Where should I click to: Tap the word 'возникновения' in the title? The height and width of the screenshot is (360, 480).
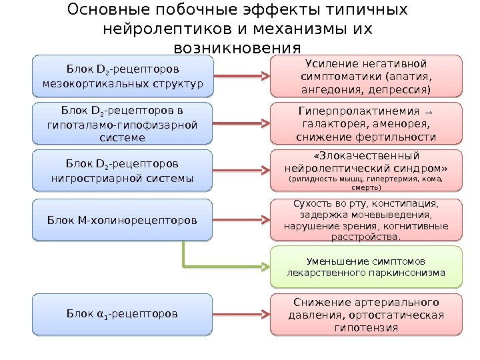point(237,49)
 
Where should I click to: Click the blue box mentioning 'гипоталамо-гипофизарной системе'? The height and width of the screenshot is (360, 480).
point(123,123)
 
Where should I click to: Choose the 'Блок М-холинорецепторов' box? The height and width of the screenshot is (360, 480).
point(123,219)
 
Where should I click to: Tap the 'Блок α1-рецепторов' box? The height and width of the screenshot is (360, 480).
point(123,313)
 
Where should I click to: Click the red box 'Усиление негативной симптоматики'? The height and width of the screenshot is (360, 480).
point(365,75)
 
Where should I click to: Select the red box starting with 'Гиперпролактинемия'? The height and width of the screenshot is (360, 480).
point(365,123)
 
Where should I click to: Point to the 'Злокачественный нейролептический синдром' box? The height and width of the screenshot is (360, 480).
point(365,171)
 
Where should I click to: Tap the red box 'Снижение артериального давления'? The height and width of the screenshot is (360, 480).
point(365,313)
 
